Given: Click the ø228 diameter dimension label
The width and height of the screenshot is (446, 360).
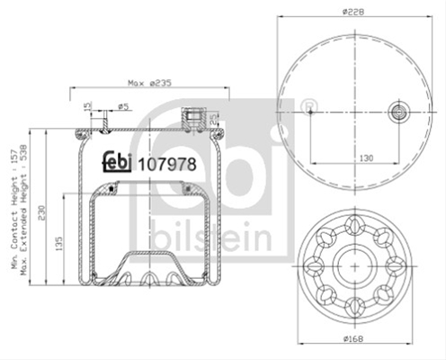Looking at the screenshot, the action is tap(353, 12).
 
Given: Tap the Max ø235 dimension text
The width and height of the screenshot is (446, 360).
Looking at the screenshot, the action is tap(149, 83).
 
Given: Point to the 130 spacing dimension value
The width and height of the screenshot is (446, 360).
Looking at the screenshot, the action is tap(366, 157).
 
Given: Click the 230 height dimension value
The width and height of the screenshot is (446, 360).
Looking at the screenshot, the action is tap(41, 212).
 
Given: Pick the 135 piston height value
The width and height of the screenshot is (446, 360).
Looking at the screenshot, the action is tap(59, 244).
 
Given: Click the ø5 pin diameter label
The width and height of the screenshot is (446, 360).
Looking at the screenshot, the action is tap(123, 106).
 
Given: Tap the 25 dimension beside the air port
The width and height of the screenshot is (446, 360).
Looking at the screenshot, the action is tap(212, 119).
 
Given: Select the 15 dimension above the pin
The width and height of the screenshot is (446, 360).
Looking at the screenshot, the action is tap(87, 106).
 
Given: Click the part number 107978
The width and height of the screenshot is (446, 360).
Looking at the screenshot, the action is tap(167, 165).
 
